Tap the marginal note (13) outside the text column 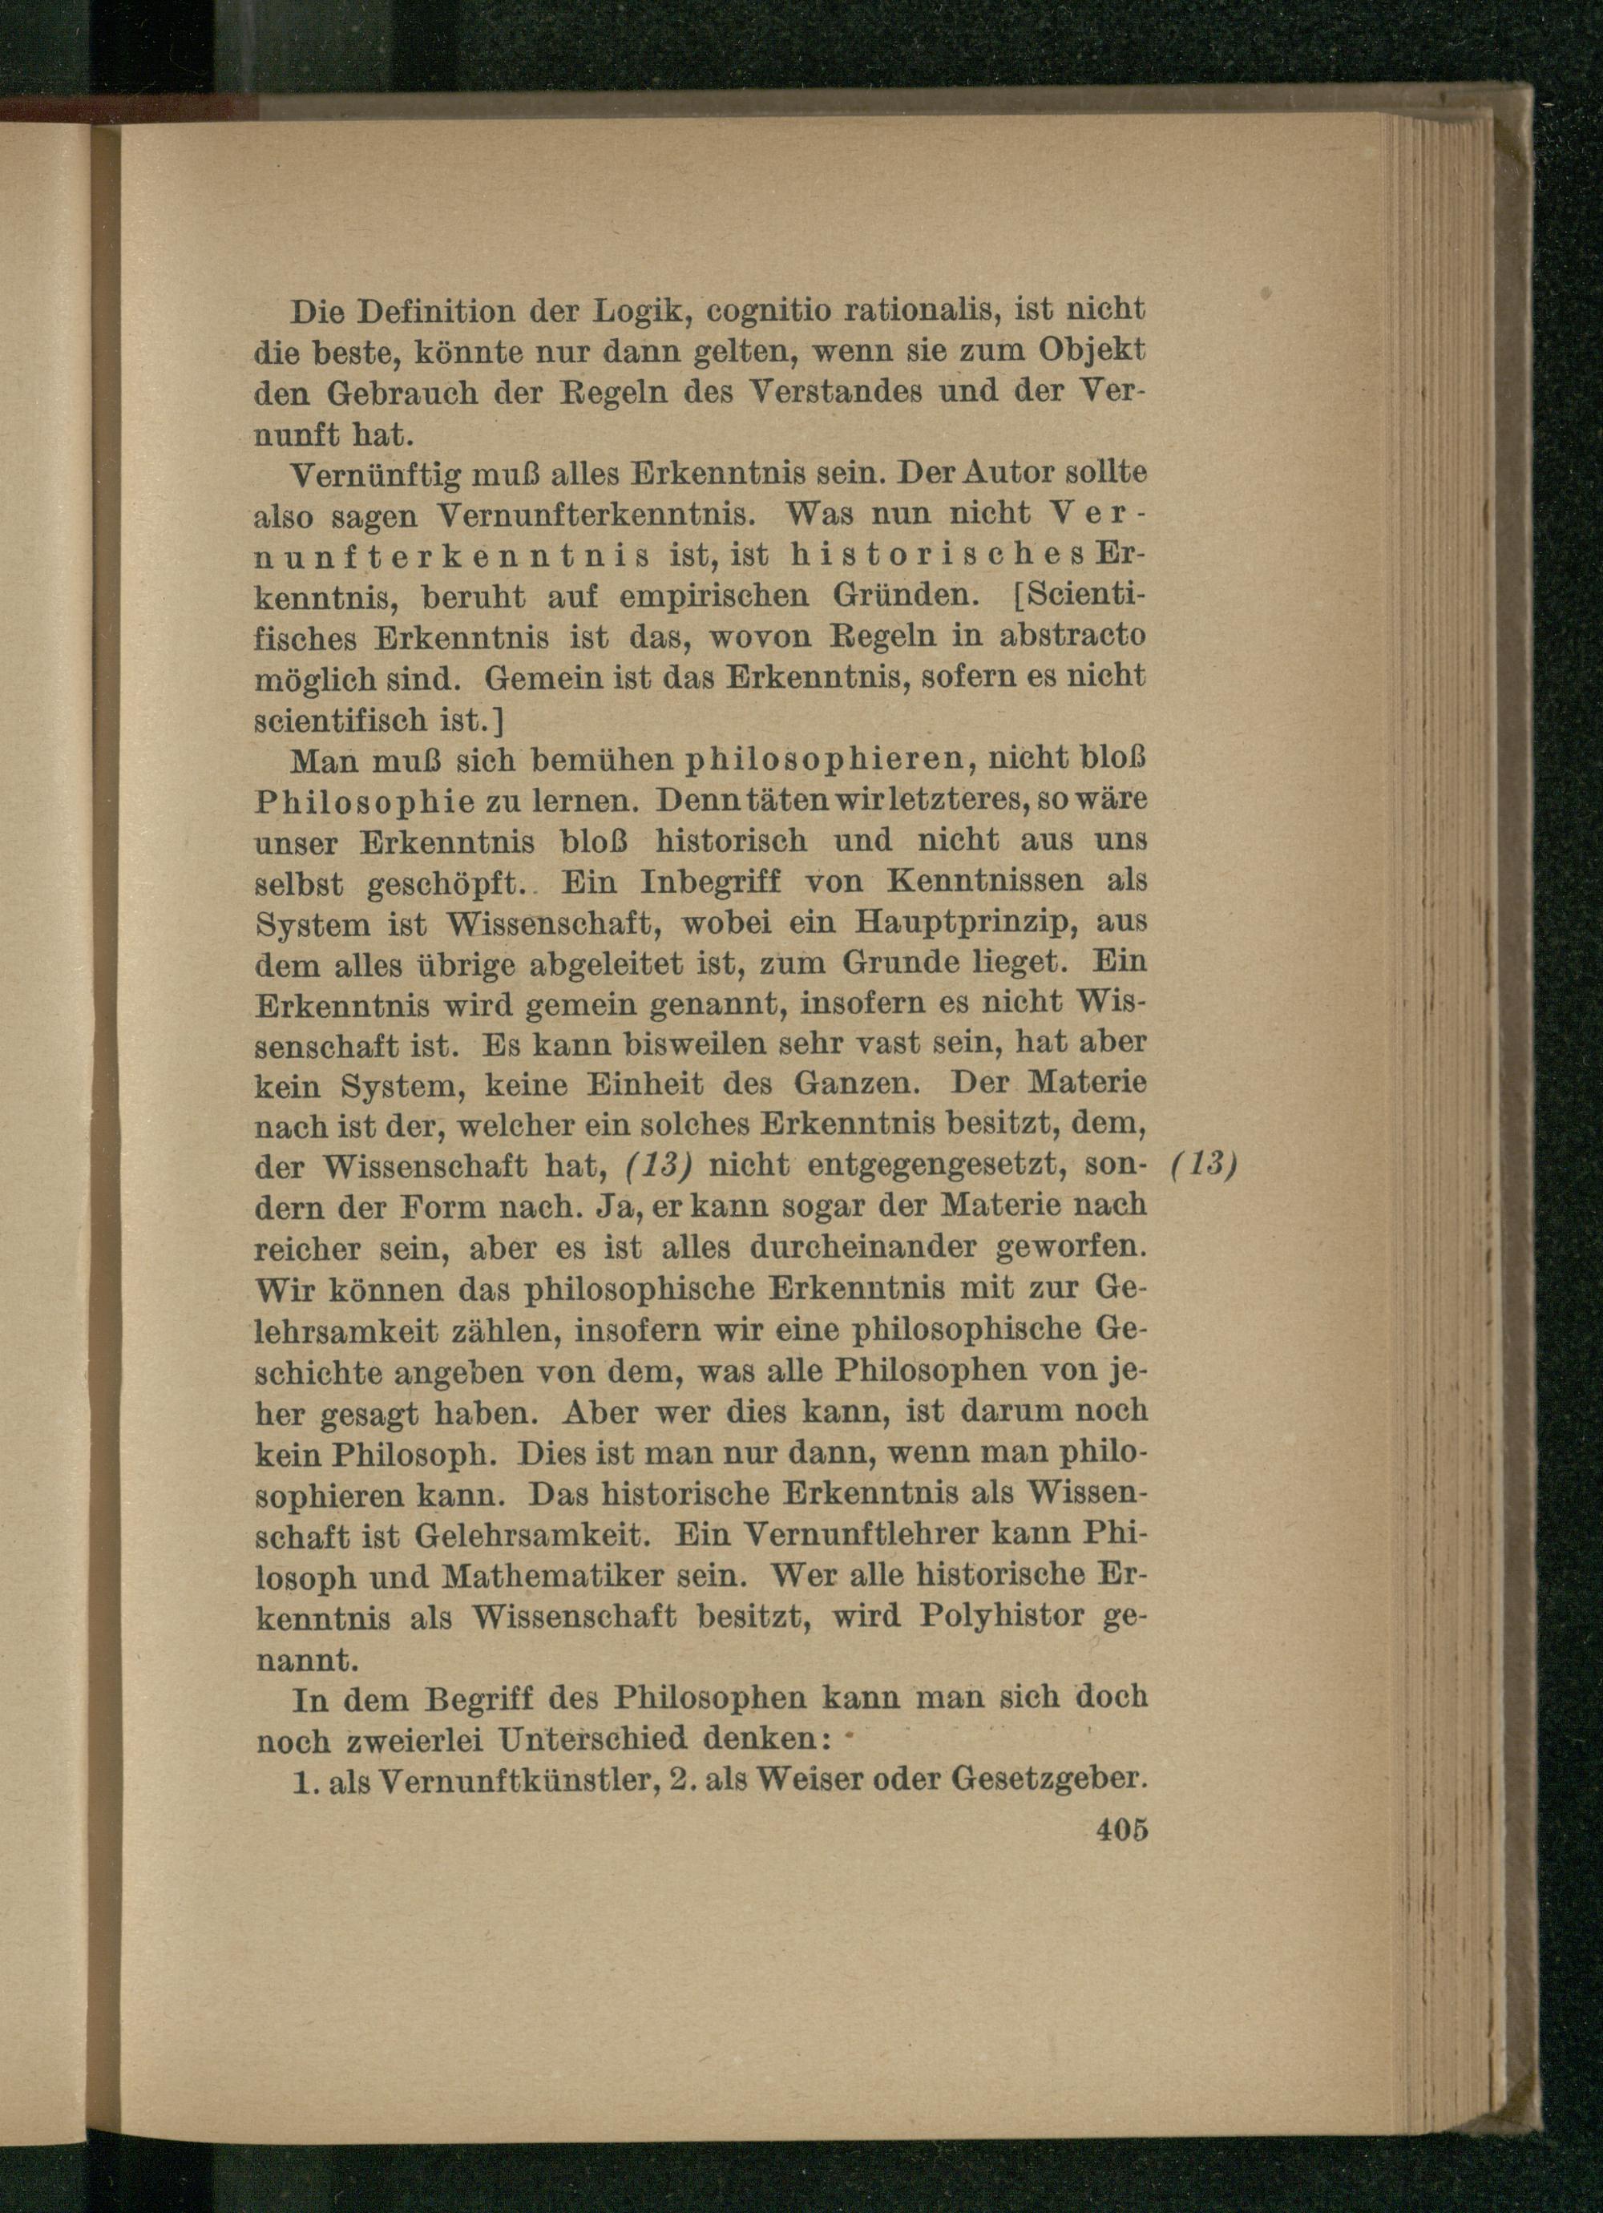pos(1204,1165)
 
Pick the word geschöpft pos(445,883)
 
